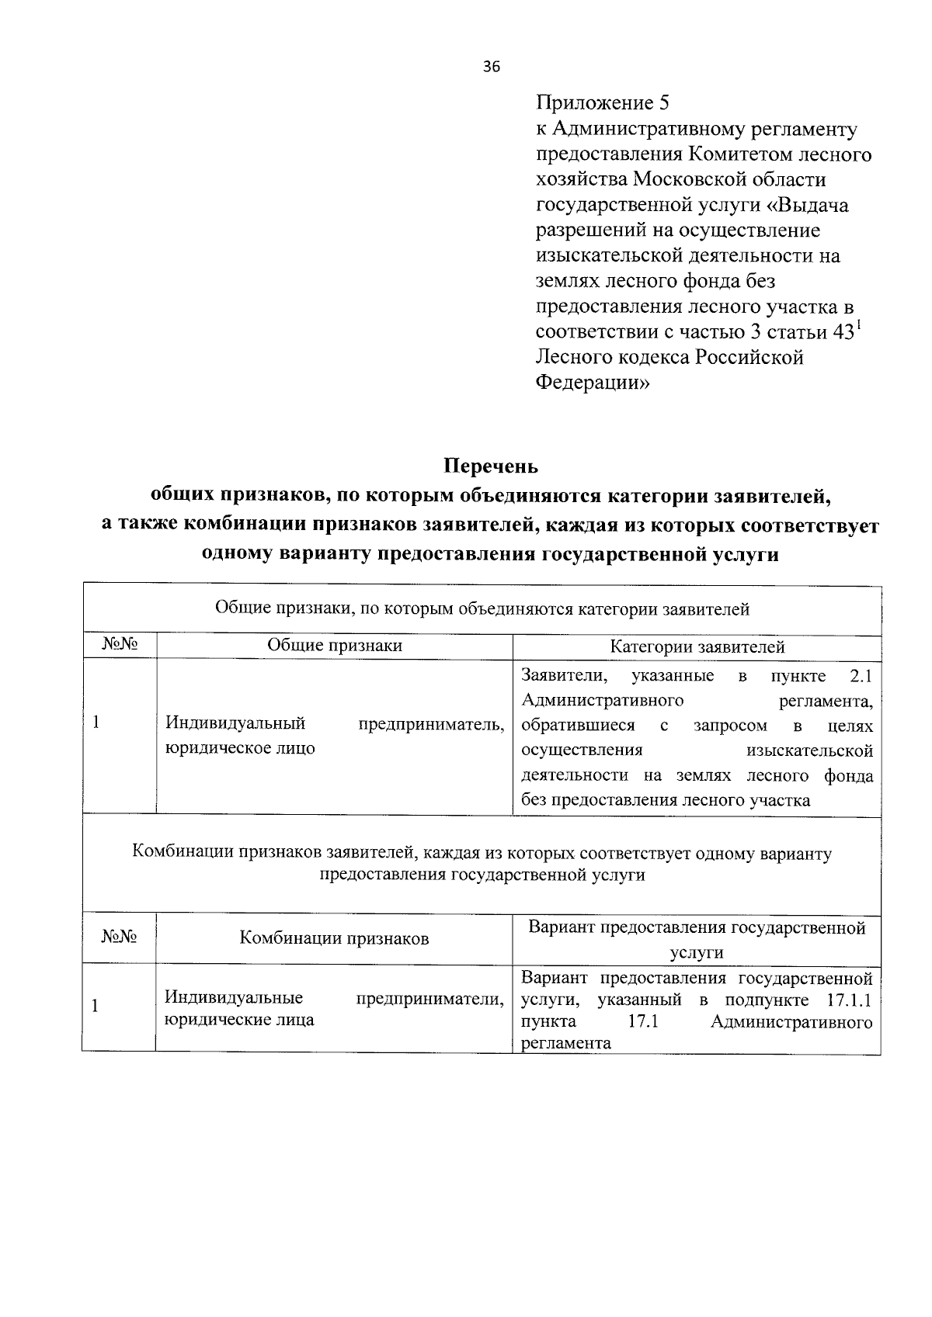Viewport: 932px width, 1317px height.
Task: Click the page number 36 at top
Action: [x=491, y=67]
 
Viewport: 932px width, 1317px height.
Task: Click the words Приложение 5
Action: [x=602, y=102]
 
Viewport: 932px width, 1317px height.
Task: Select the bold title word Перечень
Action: [x=490, y=466]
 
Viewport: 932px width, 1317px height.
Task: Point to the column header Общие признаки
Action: [x=335, y=646]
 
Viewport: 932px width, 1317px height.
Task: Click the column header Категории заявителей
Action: [x=697, y=646]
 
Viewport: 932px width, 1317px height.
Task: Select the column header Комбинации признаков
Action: [x=334, y=938]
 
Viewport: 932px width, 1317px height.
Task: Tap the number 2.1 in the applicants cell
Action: [x=861, y=675]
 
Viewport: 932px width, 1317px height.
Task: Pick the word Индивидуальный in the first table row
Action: [x=235, y=723]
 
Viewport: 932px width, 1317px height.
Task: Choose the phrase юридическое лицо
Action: [x=240, y=748]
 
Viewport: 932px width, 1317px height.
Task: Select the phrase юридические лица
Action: [x=239, y=1020]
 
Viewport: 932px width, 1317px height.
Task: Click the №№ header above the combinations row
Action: [x=119, y=937]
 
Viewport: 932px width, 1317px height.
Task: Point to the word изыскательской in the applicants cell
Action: [x=809, y=750]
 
